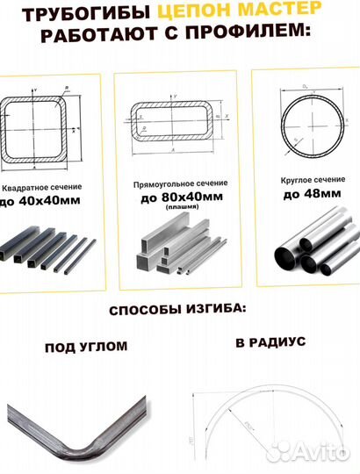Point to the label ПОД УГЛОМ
(85, 348)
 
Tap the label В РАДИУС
(270, 342)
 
